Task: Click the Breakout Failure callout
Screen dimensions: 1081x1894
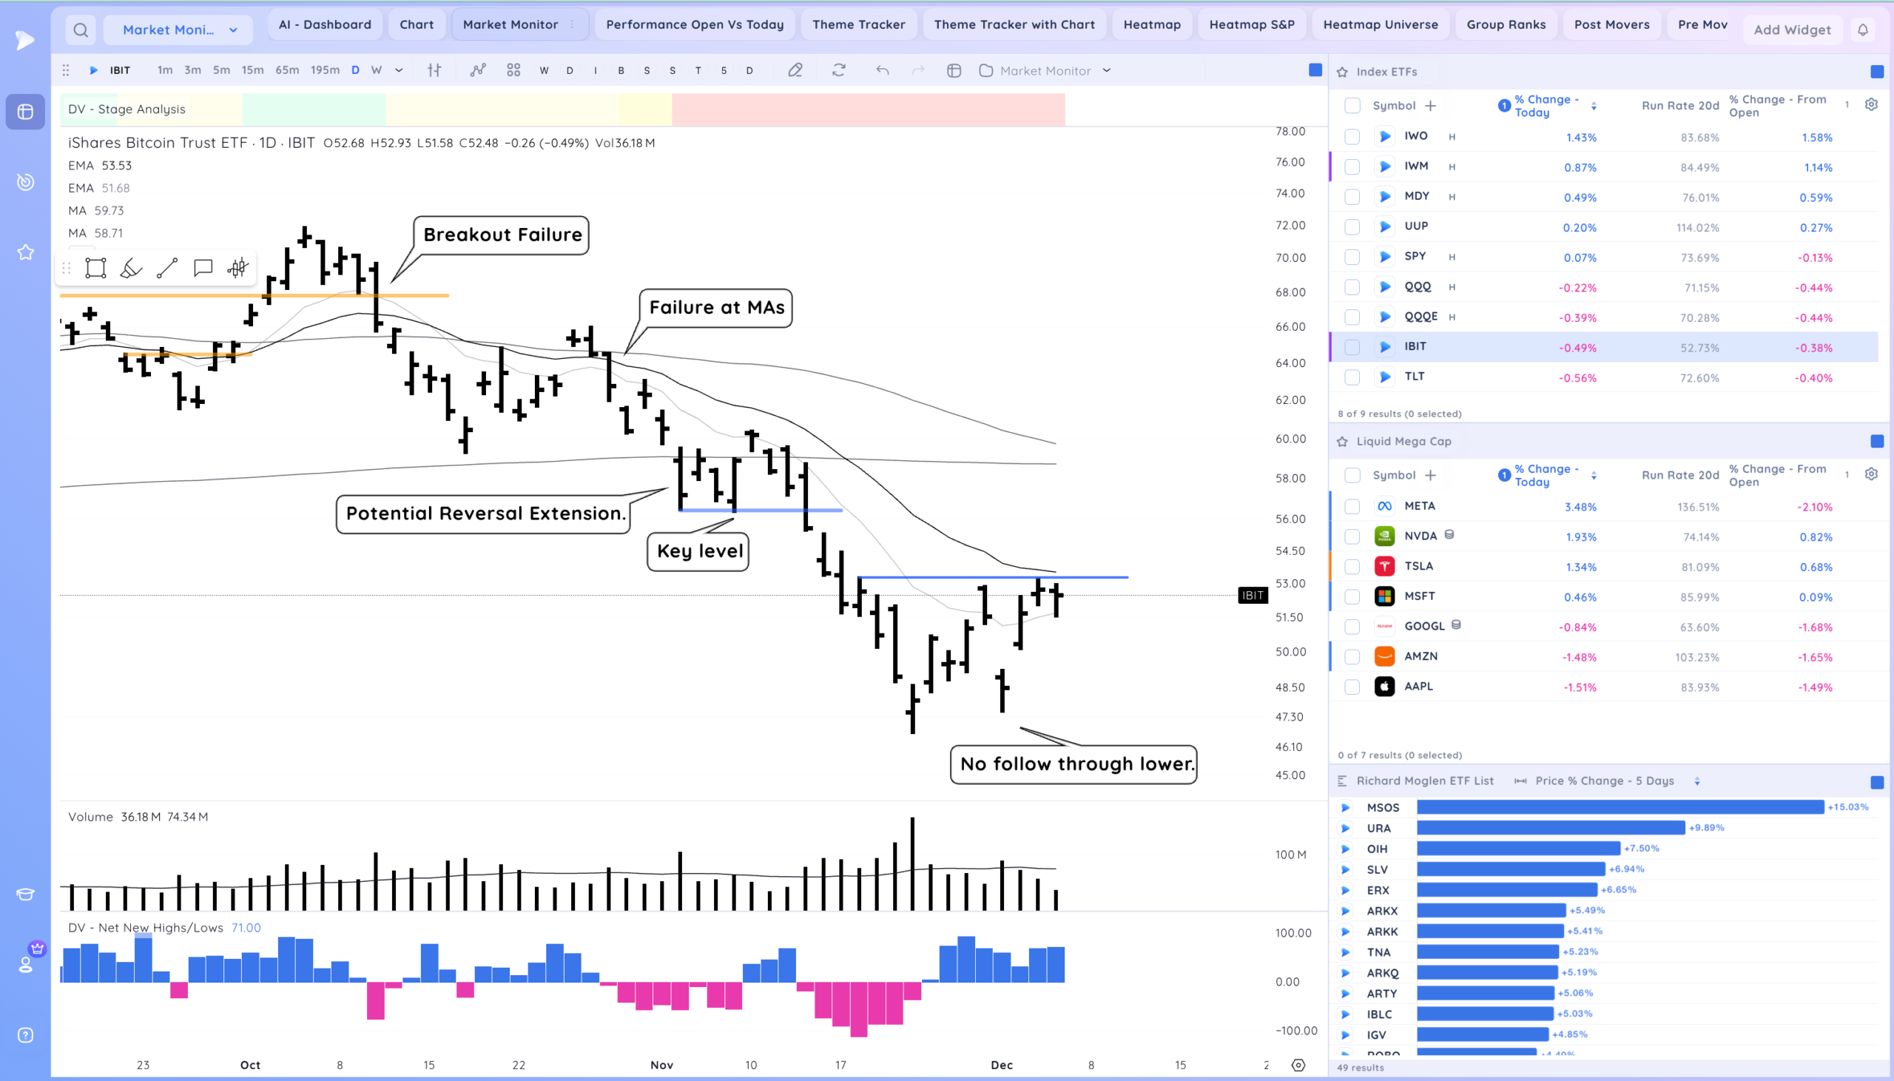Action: click(x=502, y=235)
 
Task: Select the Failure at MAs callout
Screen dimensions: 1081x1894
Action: click(x=716, y=307)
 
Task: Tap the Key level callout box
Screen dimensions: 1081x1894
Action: click(x=698, y=551)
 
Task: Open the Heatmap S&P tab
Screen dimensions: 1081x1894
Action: click(x=1251, y=24)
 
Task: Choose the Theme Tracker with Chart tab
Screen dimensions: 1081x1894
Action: click(x=1014, y=24)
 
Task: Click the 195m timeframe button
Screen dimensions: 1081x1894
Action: click(x=324, y=70)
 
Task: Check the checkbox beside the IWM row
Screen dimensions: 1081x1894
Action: click(x=1352, y=167)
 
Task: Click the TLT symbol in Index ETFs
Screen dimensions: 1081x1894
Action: click(x=1414, y=377)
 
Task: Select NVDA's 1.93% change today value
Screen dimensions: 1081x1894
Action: click(x=1580, y=536)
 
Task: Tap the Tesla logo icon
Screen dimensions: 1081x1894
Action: click(x=1384, y=567)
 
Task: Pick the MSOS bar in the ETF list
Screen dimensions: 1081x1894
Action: click(x=1620, y=807)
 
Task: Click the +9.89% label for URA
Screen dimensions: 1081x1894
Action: click(x=1706, y=828)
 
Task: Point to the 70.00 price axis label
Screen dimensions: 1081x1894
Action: click(x=1290, y=257)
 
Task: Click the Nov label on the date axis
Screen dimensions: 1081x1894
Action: click(x=661, y=1065)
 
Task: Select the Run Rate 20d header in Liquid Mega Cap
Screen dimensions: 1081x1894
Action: click(x=1679, y=475)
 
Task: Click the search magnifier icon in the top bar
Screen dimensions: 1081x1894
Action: click(x=81, y=30)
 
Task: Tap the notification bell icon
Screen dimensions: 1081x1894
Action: click(x=1863, y=30)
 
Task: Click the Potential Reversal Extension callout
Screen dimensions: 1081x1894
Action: click(x=485, y=513)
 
